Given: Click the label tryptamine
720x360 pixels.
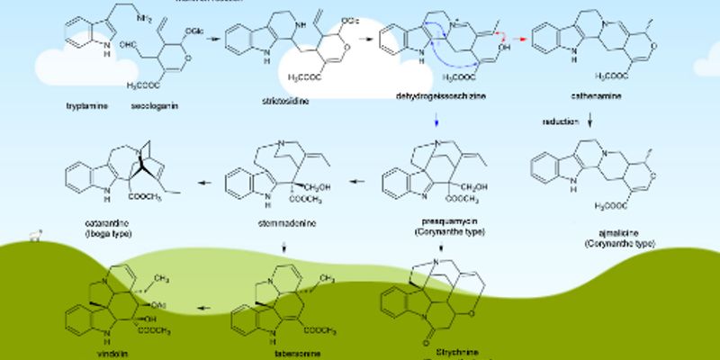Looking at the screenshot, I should coord(85,106).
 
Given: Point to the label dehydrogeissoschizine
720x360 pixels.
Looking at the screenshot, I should coord(436,94).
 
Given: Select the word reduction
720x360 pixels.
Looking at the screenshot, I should coord(559,121).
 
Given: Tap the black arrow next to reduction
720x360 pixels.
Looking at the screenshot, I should coord(589,120).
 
